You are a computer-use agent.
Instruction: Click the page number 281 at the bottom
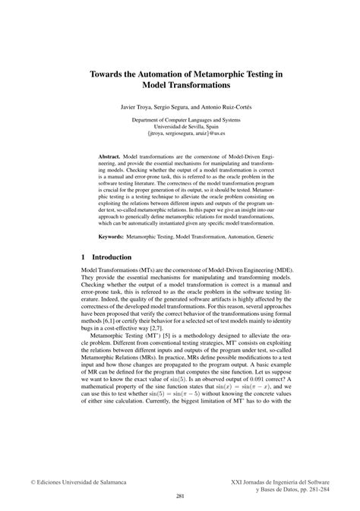coord(180,495)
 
